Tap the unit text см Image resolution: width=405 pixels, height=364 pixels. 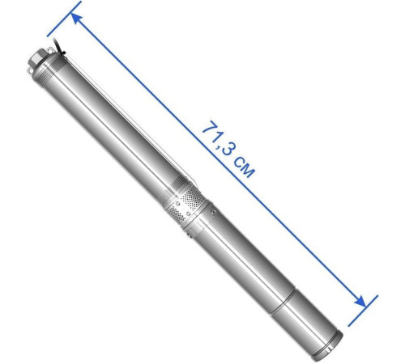click(244, 167)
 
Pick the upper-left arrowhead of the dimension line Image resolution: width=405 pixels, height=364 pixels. click(76, 19)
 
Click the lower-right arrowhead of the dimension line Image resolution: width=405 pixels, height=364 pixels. click(360, 300)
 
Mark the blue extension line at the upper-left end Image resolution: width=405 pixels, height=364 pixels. click(64, 19)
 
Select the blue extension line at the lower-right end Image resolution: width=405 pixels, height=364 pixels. click(363, 311)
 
